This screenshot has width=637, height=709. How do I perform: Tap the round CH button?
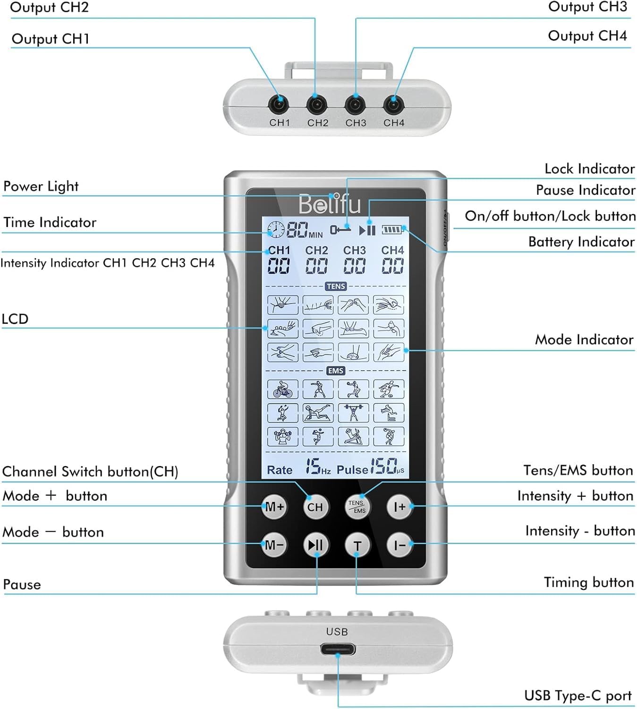click(315, 507)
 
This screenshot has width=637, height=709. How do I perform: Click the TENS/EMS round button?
click(357, 507)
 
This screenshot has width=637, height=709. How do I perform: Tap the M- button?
click(274, 545)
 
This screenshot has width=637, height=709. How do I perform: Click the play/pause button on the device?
click(315, 545)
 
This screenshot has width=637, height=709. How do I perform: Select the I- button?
click(399, 545)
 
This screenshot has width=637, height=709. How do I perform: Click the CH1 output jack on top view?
click(279, 104)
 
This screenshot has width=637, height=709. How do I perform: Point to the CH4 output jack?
click(393, 104)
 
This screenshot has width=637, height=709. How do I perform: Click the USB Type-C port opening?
click(338, 649)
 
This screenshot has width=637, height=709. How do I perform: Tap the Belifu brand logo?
click(330, 204)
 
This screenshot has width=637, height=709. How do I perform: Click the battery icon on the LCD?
click(391, 230)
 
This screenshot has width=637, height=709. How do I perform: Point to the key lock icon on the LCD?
click(340, 230)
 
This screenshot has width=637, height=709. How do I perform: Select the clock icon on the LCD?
click(276, 230)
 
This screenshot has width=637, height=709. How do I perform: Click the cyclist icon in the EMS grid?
click(282, 389)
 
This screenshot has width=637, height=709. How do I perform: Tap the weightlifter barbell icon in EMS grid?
click(353, 413)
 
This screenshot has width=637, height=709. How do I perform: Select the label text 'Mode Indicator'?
click(584, 339)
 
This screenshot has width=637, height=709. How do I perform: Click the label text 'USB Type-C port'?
click(578, 696)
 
